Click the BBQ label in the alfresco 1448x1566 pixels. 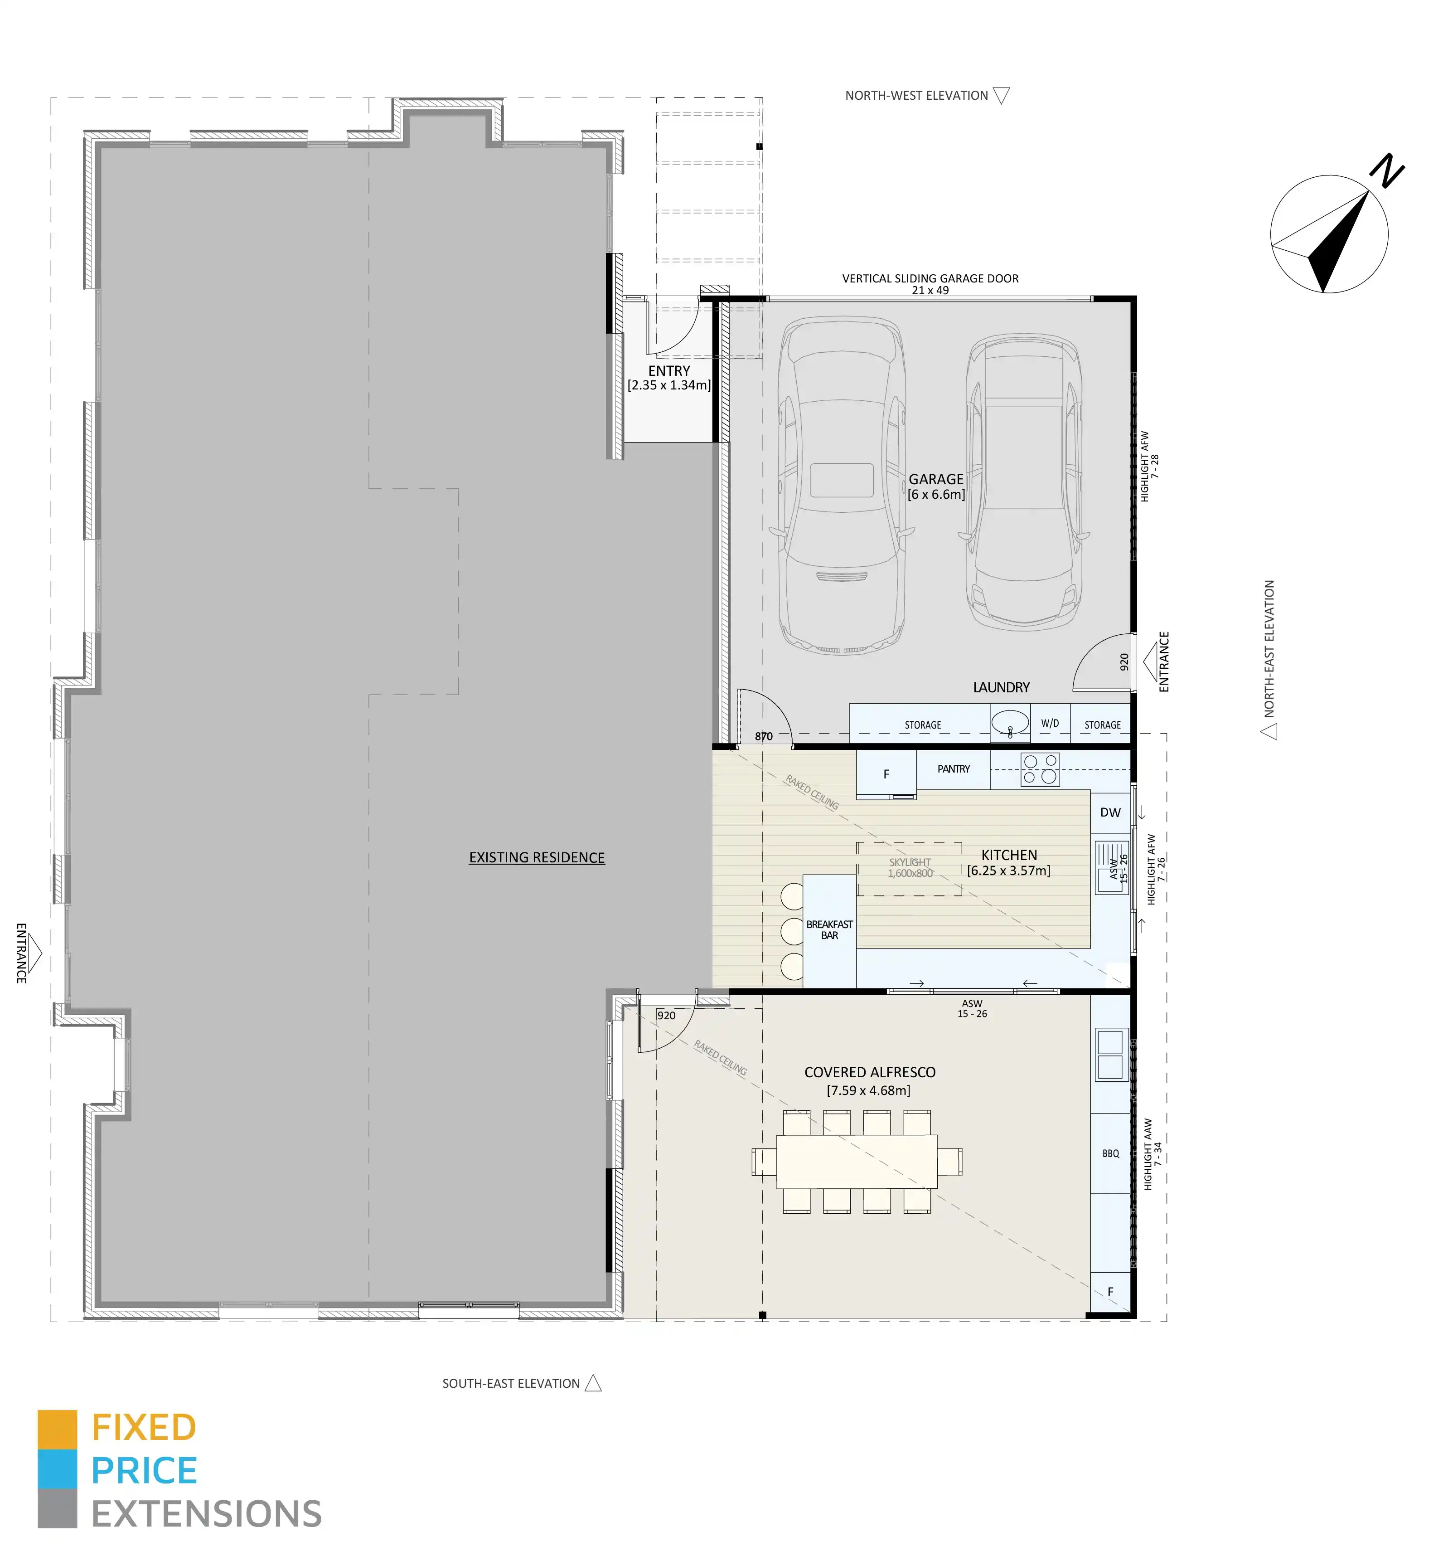point(1110,1153)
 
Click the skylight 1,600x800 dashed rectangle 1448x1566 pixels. point(909,868)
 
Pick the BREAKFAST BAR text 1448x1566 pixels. point(829,929)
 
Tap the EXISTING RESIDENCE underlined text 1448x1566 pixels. point(537,857)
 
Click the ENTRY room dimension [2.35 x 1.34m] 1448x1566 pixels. point(668,385)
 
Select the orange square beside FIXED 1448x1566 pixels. point(57,1429)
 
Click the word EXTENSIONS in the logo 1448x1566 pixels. point(207,1513)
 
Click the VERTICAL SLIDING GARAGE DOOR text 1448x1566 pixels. point(930,278)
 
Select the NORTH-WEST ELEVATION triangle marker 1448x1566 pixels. point(1001,96)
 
